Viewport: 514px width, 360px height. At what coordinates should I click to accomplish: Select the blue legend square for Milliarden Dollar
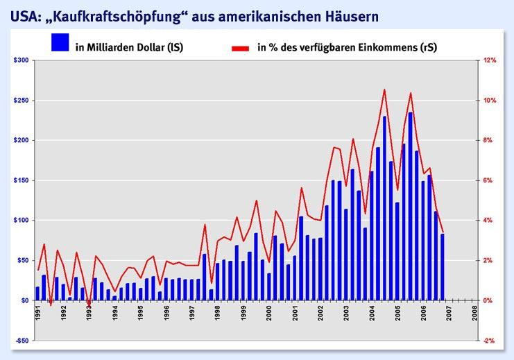pyautogui.click(x=60, y=42)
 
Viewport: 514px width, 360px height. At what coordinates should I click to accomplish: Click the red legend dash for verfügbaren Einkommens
pyautogui.click(x=239, y=49)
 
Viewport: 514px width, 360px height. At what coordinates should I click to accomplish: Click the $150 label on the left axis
pyautogui.click(x=21, y=180)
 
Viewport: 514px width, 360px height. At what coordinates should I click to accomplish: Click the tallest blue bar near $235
pyautogui.click(x=410, y=206)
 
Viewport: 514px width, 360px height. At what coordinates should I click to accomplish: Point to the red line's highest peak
pyautogui.click(x=384, y=89)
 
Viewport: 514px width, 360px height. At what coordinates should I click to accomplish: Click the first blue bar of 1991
pyautogui.click(x=37, y=293)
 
